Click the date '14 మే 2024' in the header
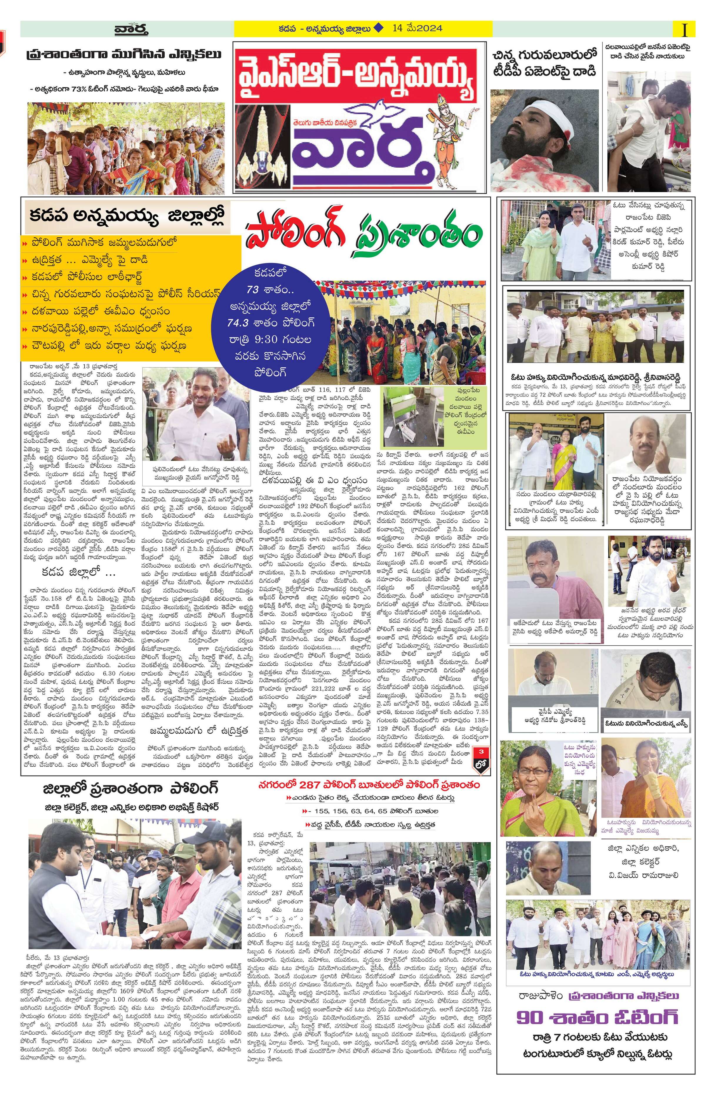coord(417,29)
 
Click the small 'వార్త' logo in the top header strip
coord(131,30)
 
